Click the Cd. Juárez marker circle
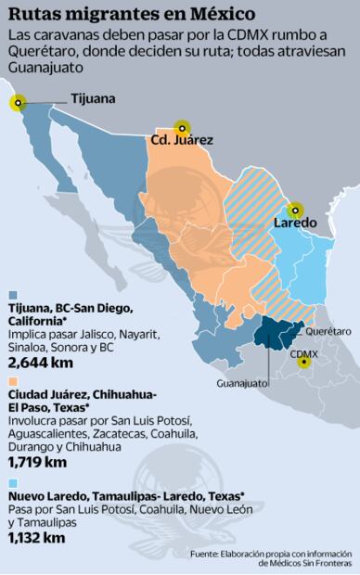(x=183, y=127)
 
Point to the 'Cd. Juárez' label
(x=181, y=141)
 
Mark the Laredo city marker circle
(x=295, y=211)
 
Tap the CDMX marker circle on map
(x=303, y=362)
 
